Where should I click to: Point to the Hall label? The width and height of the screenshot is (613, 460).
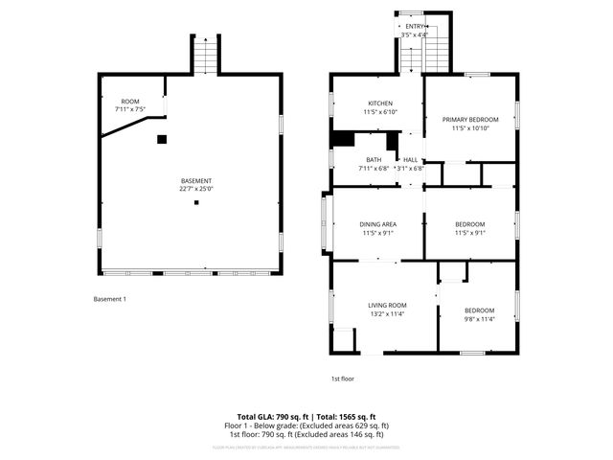(x=410, y=160)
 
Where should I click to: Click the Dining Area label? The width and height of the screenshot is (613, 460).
(x=378, y=223)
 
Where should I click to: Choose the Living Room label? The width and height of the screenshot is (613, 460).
(x=387, y=305)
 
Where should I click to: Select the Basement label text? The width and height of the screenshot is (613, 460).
(x=196, y=181)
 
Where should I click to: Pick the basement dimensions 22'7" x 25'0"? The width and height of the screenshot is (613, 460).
(x=196, y=190)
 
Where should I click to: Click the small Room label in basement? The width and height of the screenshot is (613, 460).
(x=129, y=101)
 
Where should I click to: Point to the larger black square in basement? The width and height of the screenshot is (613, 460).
(x=162, y=139)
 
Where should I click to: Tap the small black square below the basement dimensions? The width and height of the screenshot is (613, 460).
(x=196, y=202)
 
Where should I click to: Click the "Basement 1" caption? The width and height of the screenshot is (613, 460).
(x=109, y=299)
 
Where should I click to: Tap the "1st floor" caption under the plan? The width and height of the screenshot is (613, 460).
(x=342, y=379)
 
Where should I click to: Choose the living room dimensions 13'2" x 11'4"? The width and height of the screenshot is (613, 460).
(x=387, y=313)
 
